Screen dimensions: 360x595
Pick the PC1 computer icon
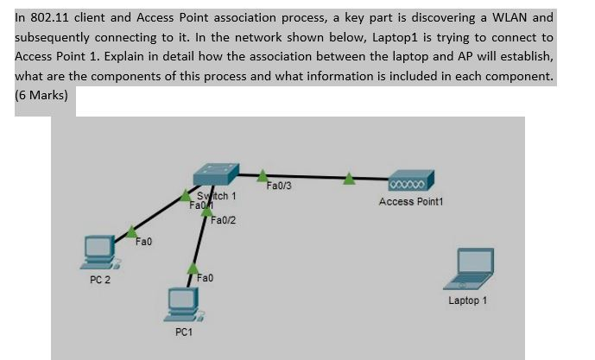[181, 303]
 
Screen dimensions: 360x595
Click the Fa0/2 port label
[224, 221]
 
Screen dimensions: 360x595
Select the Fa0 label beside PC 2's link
[144, 242]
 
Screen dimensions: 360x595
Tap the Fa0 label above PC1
[206, 278]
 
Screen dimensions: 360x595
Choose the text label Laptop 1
[467, 300]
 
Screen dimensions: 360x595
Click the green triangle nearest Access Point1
[348, 179]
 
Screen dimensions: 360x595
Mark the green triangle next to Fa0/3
[263, 175]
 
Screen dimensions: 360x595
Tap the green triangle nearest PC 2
[131, 231]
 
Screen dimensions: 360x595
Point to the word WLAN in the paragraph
[531, 17]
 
